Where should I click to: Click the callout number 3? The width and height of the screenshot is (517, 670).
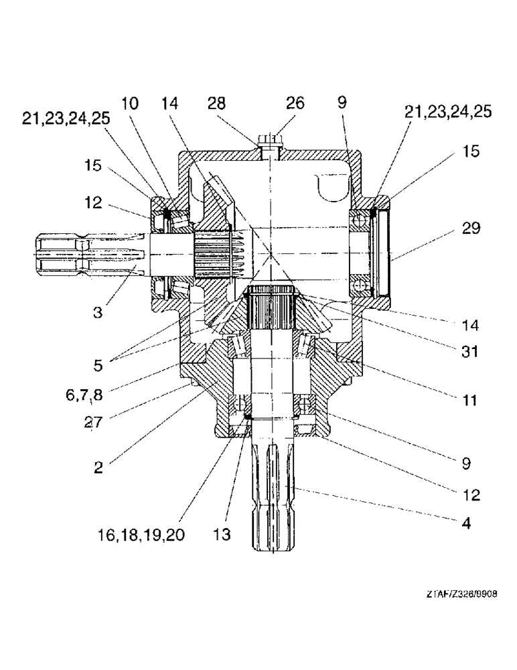click(98, 312)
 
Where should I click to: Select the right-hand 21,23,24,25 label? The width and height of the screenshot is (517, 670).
click(449, 111)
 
